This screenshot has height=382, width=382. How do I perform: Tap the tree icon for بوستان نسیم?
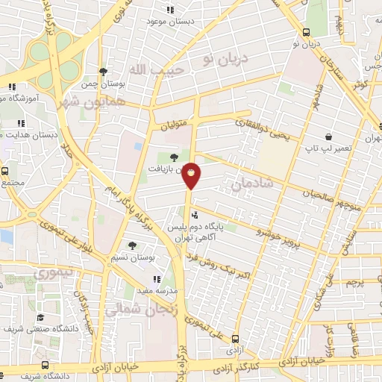pyautogui.click(x=132, y=245)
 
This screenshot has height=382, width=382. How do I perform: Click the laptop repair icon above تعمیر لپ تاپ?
pyautogui.click(x=328, y=137)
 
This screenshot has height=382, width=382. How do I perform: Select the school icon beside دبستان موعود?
pyautogui.click(x=170, y=10)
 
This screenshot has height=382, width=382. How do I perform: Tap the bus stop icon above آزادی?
pyautogui.click(x=236, y=338)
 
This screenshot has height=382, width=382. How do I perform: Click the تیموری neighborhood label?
pyautogui.click(x=57, y=272)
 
